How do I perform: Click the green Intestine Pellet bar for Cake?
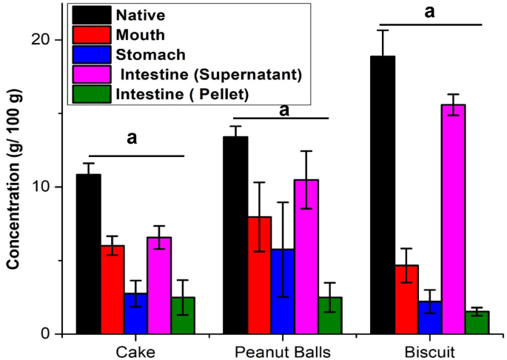click(x=183, y=315)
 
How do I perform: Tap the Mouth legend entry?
click(x=140, y=33)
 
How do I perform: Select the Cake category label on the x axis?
click(x=135, y=349)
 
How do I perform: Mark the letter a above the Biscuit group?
click(x=429, y=11)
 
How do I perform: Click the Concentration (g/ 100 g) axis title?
click(x=13, y=185)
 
